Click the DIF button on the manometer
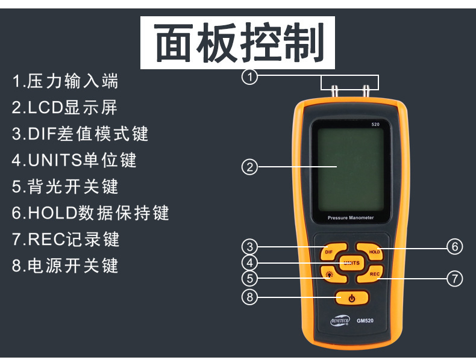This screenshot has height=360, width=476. pos(330,252)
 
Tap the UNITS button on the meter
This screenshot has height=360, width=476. pos(351,262)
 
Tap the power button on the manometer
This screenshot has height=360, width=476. pos(351,298)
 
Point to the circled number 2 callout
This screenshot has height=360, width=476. pos(249,167)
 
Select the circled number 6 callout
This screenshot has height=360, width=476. pos(454,246)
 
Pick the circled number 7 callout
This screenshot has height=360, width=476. pos(454,278)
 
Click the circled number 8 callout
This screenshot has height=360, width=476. pos(249,297)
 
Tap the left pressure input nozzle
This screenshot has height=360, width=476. pos(333,91)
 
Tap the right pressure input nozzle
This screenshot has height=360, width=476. pos(366,91)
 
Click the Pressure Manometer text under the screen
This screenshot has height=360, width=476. pos(351,218)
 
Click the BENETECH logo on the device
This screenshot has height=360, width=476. pos(339,321)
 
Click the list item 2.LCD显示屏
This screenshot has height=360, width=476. pos(64,107)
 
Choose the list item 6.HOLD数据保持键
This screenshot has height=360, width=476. pos(90,213)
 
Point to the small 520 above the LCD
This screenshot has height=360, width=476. pos(375,125)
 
